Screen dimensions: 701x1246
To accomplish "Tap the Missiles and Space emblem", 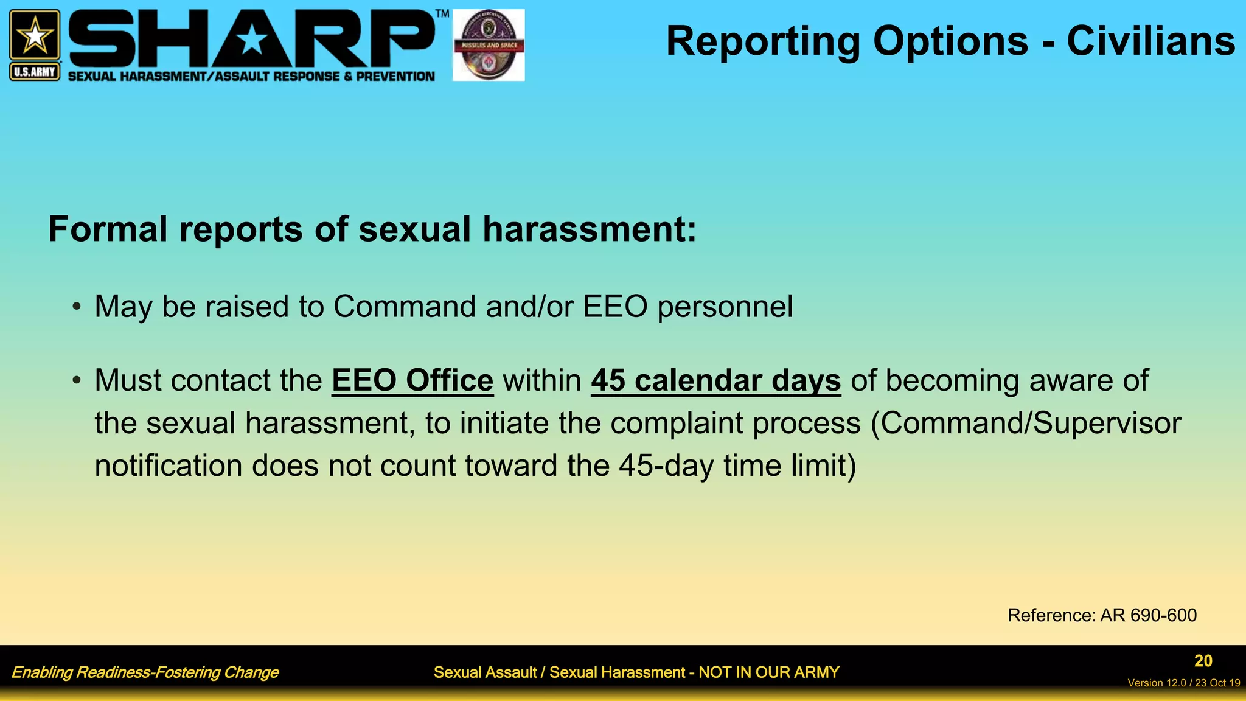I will coord(489,45).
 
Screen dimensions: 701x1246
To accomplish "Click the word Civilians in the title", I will coord(1150,41).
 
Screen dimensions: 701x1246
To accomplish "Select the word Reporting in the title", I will coord(763,41).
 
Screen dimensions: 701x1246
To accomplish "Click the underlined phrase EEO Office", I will coord(412,381).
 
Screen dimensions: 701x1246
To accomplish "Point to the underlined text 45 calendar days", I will coord(715,381).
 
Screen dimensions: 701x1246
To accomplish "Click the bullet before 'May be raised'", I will coord(76,307).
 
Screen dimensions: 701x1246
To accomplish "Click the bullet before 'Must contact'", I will coord(76,381).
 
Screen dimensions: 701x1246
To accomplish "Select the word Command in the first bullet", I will coord(404,306).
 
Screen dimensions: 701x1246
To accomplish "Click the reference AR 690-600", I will coord(1148,615).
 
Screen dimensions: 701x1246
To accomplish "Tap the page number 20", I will coord(1203,661).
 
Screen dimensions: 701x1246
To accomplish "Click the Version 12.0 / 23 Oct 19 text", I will coord(1183,683).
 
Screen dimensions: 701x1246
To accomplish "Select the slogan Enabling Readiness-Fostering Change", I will coord(145,672).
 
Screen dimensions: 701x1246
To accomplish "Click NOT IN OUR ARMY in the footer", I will coord(768,672).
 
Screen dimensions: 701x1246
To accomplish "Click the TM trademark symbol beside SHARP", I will coord(442,13).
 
